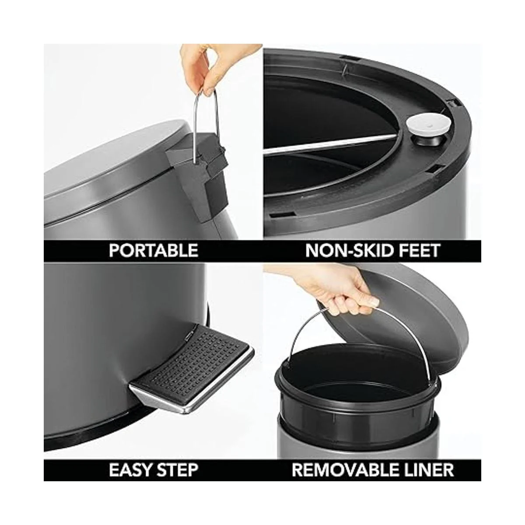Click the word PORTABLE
coord(154,250)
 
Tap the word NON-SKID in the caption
coord(346,251)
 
